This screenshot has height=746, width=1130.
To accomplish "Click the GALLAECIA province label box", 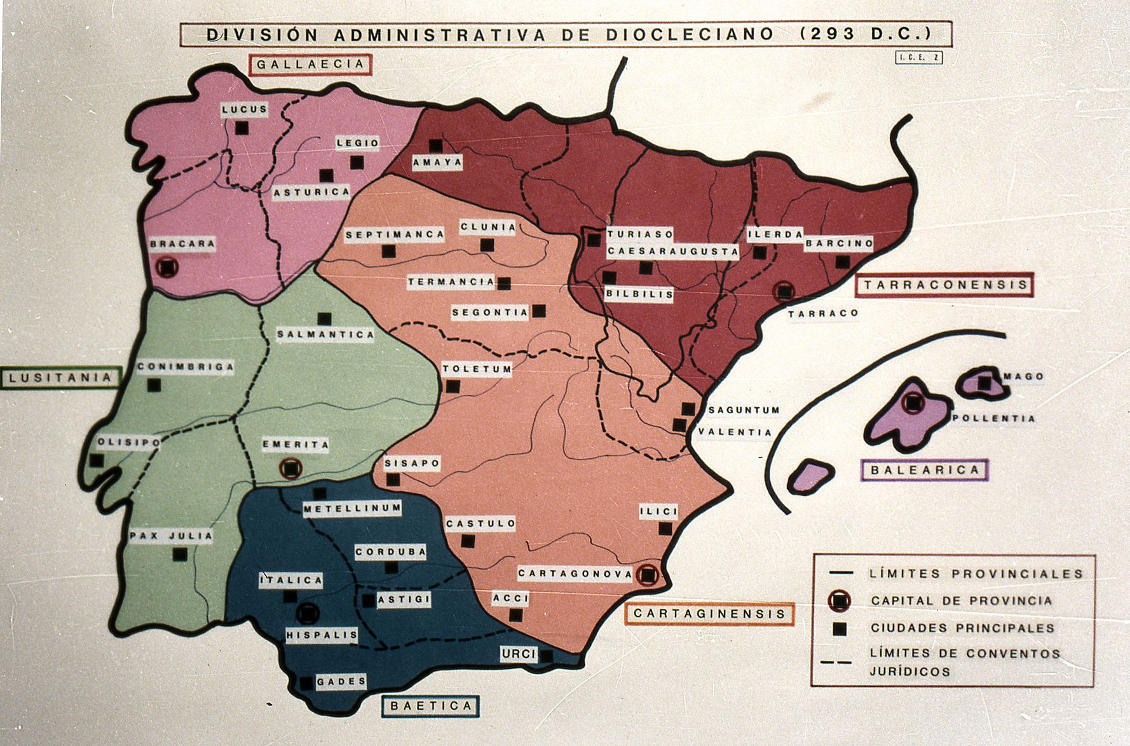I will tap(310, 64).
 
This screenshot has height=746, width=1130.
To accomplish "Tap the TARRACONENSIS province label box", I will tap(945, 285).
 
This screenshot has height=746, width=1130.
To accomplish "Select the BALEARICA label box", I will tap(925, 470).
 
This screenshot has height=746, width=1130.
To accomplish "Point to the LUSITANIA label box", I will tap(60, 378).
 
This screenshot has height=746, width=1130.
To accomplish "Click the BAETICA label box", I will tap(430, 706).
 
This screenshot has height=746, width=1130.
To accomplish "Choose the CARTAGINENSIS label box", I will tap(709, 614).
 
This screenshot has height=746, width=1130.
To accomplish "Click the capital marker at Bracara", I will tap(167, 267).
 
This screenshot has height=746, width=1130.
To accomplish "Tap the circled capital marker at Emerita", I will tap(290, 468).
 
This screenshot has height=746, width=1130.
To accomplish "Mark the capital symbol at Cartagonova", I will tap(648, 574).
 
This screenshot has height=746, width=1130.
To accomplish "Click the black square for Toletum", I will tap(453, 386).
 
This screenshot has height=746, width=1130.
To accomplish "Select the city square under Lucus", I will tap(242, 128).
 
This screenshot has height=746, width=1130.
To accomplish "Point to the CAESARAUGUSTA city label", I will tap(672, 252).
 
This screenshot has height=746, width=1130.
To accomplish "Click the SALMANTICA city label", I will tap(325, 334).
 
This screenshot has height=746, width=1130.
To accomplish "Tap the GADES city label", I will tap(341, 682).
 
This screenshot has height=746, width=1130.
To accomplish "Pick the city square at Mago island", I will tap(984, 383).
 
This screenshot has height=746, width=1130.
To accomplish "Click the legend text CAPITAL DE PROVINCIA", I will tap(961, 600).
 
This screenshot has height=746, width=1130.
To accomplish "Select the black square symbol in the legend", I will tap(840, 629).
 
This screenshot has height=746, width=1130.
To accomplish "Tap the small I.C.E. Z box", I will tap(918, 58).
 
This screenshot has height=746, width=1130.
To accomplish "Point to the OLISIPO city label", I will tap(128, 443).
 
